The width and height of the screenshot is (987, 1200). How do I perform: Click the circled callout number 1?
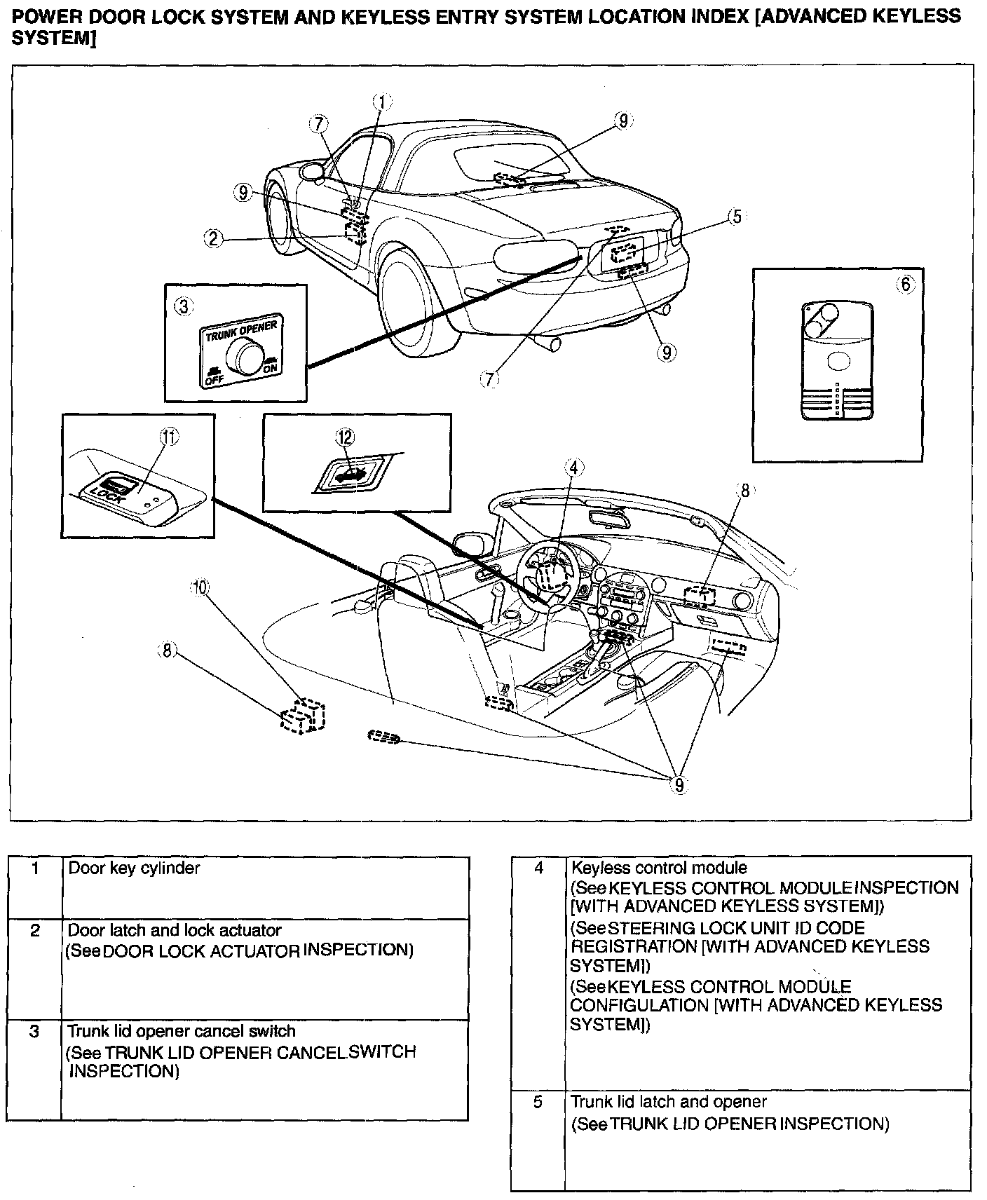(382, 103)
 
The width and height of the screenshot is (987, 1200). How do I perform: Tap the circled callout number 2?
(215, 239)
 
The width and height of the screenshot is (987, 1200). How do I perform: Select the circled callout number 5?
(735, 216)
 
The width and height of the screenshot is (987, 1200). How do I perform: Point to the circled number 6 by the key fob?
(906, 284)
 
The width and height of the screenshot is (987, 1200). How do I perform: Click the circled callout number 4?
(573, 467)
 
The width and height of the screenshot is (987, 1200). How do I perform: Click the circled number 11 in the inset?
(169, 437)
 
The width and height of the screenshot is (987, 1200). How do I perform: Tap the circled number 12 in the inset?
(345, 437)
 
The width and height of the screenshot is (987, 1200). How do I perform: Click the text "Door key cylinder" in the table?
(134, 868)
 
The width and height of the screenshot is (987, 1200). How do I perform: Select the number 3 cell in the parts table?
(34, 1031)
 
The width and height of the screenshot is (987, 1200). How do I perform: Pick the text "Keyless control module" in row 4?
(659, 868)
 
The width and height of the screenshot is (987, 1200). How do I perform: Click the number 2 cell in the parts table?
(34, 930)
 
